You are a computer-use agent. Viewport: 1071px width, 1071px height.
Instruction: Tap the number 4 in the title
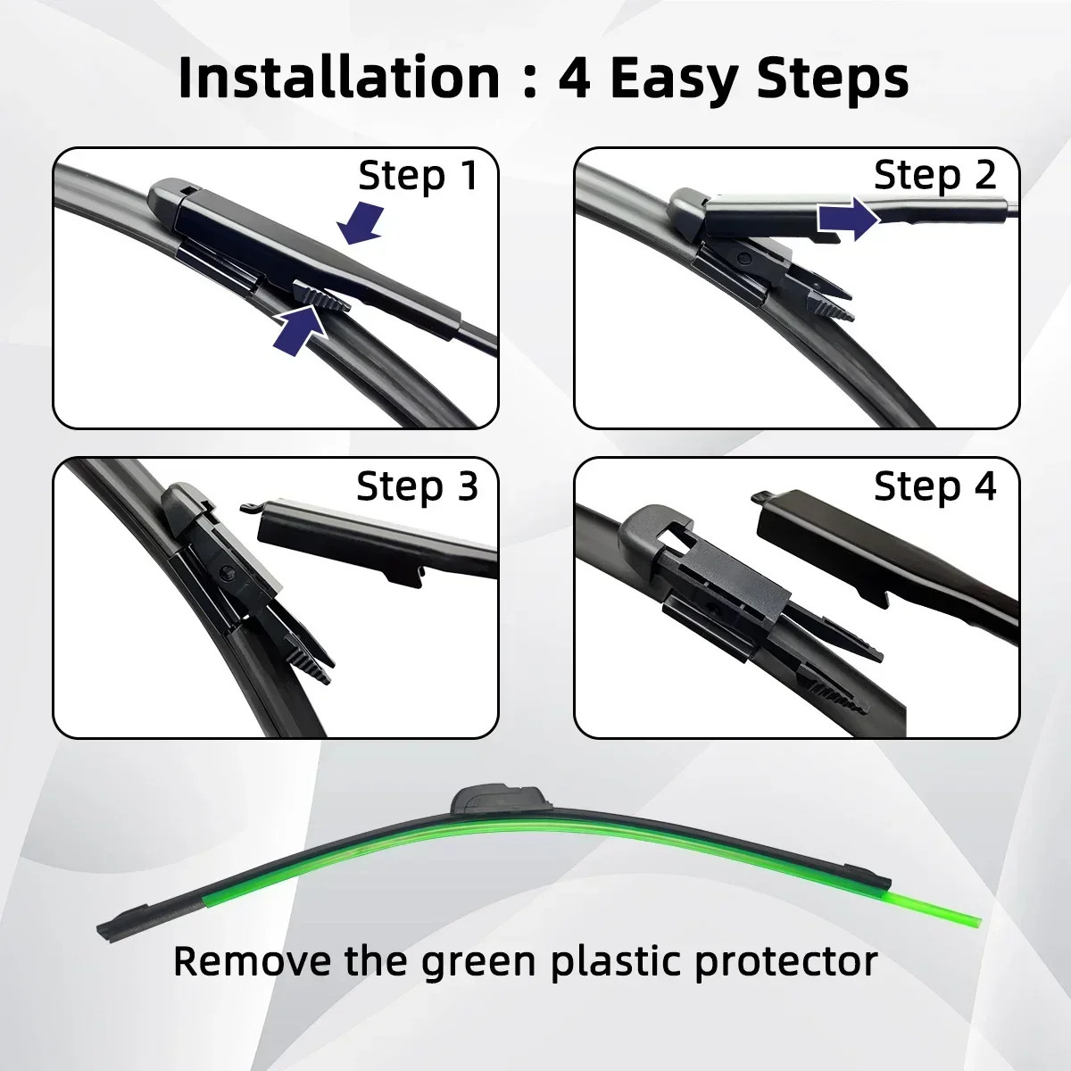(574, 79)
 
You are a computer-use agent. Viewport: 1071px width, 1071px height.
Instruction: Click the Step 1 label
(418, 176)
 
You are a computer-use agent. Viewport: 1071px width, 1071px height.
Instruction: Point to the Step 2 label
(934, 175)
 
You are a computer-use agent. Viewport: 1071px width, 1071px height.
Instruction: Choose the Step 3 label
(417, 486)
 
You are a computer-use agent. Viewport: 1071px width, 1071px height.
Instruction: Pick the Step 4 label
(934, 486)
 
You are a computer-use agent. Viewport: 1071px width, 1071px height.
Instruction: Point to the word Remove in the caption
(251, 961)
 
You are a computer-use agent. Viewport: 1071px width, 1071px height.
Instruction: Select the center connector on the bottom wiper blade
(499, 798)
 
